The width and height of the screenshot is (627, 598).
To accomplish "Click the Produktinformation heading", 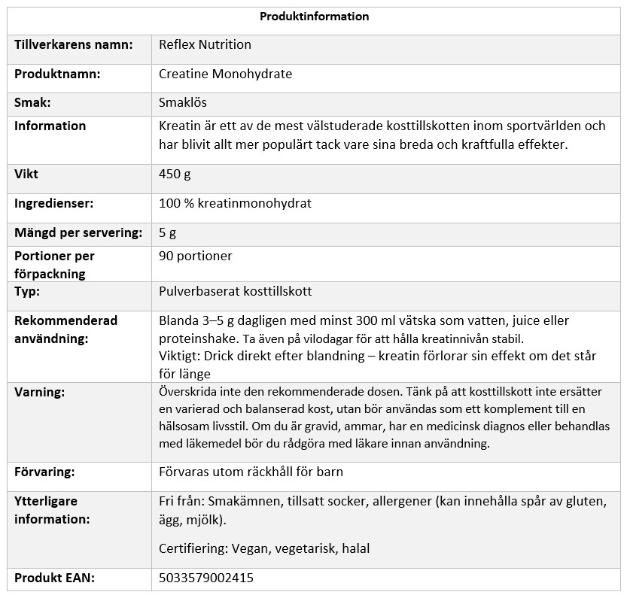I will (x=314, y=17).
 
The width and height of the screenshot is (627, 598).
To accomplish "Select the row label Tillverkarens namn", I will (x=74, y=45).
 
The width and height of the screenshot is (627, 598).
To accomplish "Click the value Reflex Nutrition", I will (x=205, y=45).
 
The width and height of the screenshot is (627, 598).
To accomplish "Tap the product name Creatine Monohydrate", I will (x=225, y=74).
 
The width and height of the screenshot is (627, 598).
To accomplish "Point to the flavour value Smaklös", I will (x=183, y=102).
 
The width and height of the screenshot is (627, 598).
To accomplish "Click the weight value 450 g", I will (x=175, y=175).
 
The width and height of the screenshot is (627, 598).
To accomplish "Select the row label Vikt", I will (x=26, y=175).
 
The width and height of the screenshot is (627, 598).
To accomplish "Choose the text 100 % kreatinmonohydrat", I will (x=235, y=204).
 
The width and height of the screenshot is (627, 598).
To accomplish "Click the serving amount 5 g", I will (x=168, y=233).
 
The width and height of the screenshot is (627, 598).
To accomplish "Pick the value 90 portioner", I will (x=196, y=257).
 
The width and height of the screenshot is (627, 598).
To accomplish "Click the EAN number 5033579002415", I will (x=206, y=578).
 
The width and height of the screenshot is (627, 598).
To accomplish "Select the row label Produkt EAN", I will (x=55, y=578).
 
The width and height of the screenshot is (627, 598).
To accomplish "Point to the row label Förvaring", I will (x=44, y=472).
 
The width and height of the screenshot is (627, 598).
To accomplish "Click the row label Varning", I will (x=40, y=393).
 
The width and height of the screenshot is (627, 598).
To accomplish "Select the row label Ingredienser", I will (x=54, y=204).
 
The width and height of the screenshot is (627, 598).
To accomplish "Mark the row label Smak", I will (x=32, y=102).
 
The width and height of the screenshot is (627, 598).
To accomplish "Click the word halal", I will (x=355, y=549).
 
